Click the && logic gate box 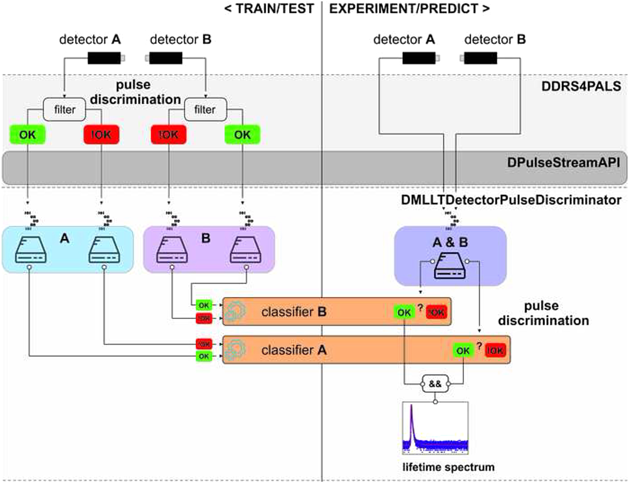point(435,384)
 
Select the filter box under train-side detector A point(64,109)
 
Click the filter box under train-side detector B point(205,109)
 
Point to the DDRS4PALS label point(581,86)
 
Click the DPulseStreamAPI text point(563,163)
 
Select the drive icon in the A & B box point(450,266)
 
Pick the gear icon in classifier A point(235,350)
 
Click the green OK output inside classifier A point(463,351)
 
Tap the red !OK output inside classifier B point(436,312)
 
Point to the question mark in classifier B point(420,308)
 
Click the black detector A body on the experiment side point(419,58)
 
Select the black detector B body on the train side point(166,58)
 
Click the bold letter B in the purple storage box point(206,238)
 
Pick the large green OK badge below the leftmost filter point(27,135)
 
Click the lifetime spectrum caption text point(448,467)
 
